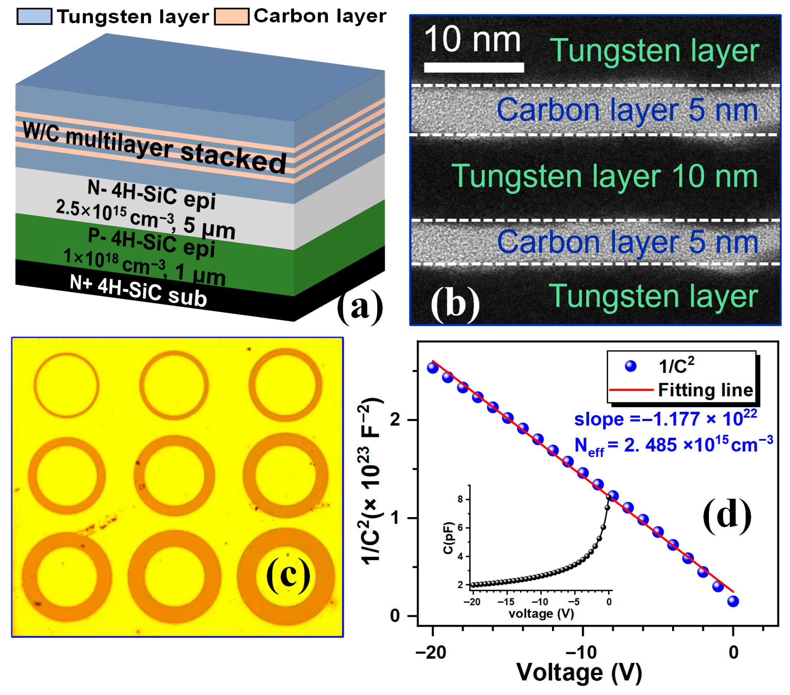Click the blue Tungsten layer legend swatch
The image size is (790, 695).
[34, 17]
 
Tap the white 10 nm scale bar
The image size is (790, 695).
[473, 67]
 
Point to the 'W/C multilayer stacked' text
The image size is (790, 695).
[155, 147]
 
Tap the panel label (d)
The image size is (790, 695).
[727, 516]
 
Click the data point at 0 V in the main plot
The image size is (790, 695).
[733, 601]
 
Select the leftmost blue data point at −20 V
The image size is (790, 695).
[432, 367]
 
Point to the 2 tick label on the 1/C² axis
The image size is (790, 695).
[395, 420]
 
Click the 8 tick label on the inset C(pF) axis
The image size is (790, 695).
[460, 499]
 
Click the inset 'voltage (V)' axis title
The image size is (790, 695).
[541, 614]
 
